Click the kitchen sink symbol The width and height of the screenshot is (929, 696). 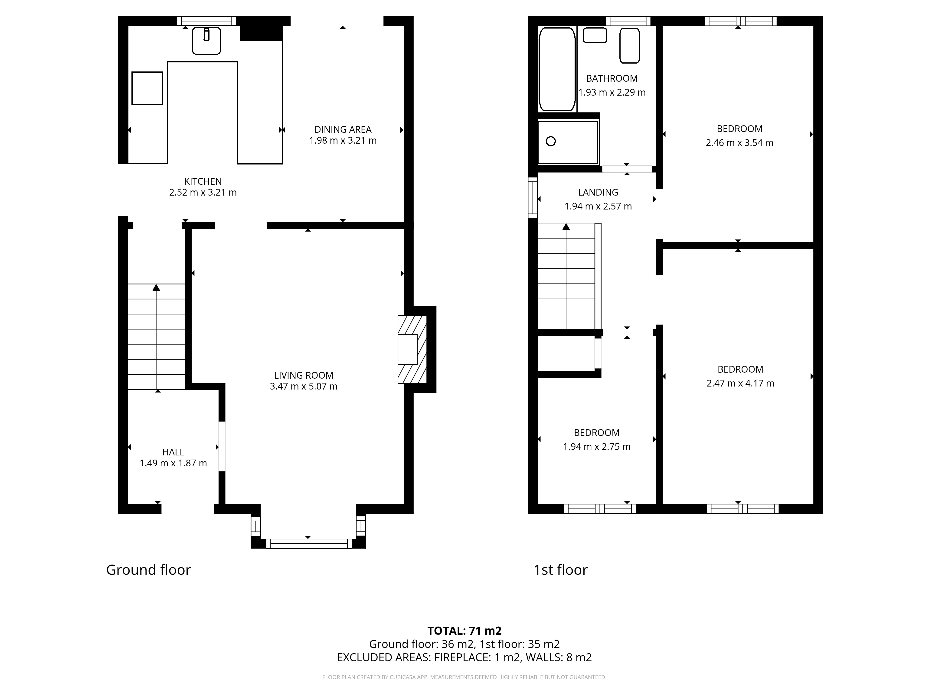pyautogui.click(x=206, y=41)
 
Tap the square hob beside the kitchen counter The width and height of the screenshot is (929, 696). pyautogui.click(x=147, y=88)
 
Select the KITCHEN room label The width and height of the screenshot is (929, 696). pyautogui.click(x=203, y=181)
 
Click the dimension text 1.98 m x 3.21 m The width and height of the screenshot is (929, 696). pyautogui.click(x=343, y=141)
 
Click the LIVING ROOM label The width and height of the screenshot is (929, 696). pyautogui.click(x=303, y=375)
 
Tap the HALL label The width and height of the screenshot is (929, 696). pyautogui.click(x=173, y=452)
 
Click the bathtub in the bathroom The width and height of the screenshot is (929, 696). pyautogui.click(x=557, y=69)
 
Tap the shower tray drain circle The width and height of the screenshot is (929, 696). pyautogui.click(x=551, y=141)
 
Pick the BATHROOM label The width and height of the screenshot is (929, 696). pyautogui.click(x=612, y=78)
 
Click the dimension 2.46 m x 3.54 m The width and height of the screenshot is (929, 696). pyautogui.click(x=739, y=143)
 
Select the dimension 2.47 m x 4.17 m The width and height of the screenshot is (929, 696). pyautogui.click(x=740, y=383)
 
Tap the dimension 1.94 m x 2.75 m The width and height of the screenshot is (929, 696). pyautogui.click(x=596, y=446)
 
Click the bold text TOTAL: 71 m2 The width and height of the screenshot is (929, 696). pyautogui.click(x=464, y=631)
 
